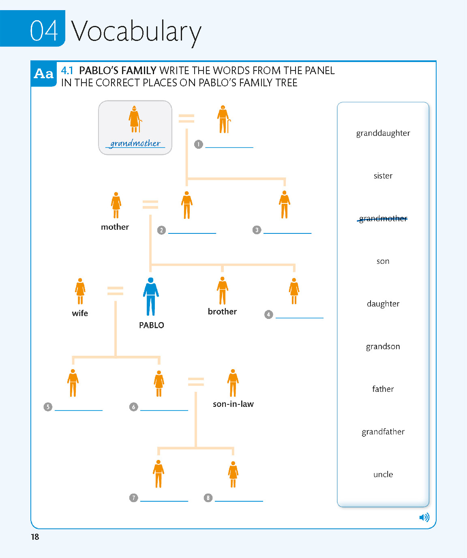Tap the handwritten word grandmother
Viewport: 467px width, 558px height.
(x=135, y=143)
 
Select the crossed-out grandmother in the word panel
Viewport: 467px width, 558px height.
(x=383, y=218)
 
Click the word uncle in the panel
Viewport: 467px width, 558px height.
(x=383, y=474)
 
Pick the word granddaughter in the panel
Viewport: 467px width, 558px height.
(x=383, y=133)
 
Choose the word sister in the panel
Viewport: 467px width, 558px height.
(x=383, y=175)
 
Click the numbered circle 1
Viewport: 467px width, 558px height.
(x=198, y=144)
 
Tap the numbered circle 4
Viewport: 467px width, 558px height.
(x=268, y=314)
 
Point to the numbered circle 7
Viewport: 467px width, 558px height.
(x=133, y=498)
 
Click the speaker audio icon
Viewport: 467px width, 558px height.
(x=424, y=517)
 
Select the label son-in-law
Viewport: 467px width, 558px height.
(x=233, y=404)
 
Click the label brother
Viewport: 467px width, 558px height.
(x=222, y=311)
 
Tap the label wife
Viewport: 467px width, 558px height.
(x=80, y=313)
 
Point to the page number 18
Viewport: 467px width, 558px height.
(x=35, y=537)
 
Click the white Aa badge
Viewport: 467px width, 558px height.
(x=44, y=74)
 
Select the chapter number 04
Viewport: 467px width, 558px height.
(x=44, y=31)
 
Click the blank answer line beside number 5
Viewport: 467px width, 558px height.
(x=79, y=408)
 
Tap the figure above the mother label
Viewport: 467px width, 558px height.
(x=116, y=205)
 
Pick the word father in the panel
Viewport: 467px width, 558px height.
(x=383, y=389)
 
